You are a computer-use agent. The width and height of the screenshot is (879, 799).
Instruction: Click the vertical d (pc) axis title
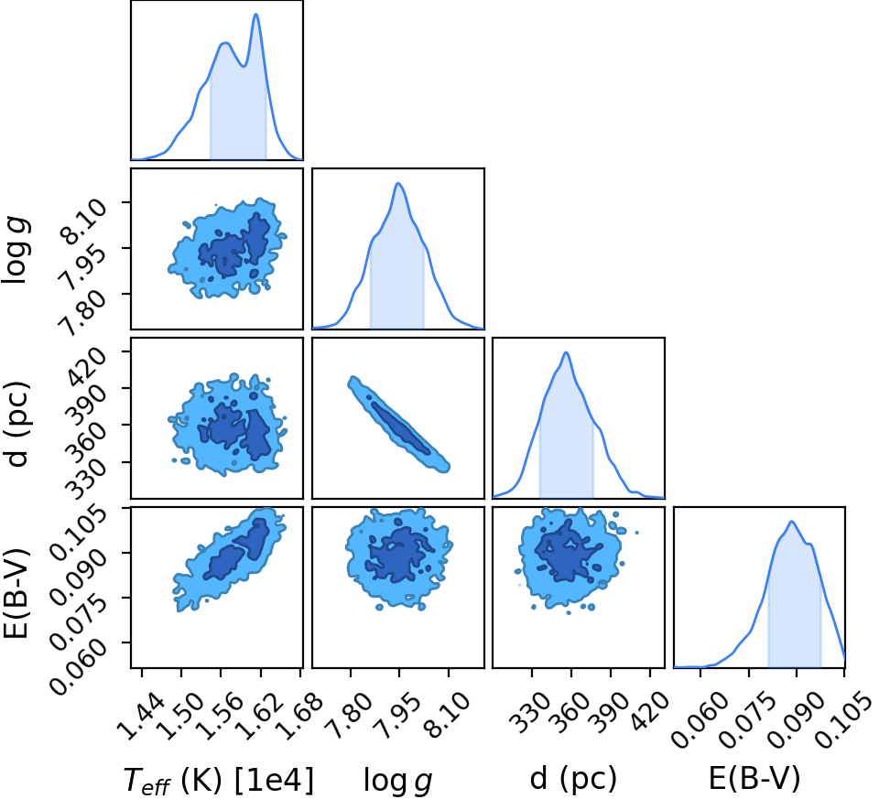pyautogui.click(x=16, y=424)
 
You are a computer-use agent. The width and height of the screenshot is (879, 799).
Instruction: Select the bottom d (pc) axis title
pyautogui.click(x=573, y=779)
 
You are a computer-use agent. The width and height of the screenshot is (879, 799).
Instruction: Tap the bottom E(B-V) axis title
pyautogui.click(x=754, y=778)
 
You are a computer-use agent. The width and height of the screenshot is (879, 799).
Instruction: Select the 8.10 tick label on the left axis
pyautogui.click(x=85, y=221)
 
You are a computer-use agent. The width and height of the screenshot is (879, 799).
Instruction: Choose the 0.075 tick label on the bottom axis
pyautogui.click(x=750, y=720)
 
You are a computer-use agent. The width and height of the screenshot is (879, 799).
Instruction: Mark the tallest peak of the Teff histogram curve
pyautogui.click(x=256, y=14)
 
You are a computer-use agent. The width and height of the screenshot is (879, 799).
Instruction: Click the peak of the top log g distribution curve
pyautogui.click(x=398, y=183)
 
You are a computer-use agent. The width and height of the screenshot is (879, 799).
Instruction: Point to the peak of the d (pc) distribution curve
pyautogui.click(x=566, y=352)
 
